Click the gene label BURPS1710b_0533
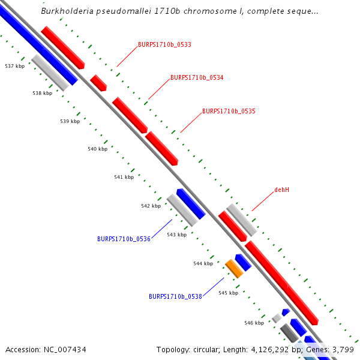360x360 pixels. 164,44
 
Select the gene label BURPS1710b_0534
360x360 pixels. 197,77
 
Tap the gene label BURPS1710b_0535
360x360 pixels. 229,111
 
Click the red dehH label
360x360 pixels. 282,190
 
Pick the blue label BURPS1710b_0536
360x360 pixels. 124,239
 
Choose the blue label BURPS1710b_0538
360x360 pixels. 175,296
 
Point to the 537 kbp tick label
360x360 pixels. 14,66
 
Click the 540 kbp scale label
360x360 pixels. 97,149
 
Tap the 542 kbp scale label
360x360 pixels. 151,206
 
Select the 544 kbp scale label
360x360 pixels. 203,263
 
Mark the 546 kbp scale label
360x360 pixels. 254,323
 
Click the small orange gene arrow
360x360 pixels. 234,269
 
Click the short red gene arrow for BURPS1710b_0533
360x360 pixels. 98,83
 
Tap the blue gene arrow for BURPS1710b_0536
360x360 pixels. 191,203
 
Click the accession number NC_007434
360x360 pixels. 64,349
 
